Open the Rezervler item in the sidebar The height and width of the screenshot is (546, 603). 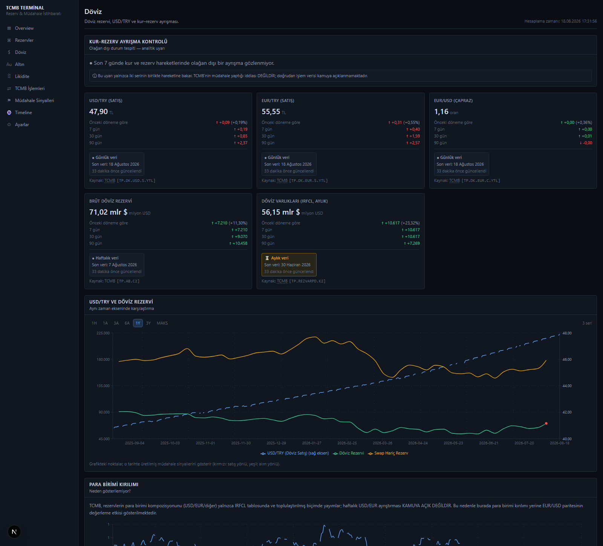(24, 40)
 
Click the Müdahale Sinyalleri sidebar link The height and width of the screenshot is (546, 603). (34, 101)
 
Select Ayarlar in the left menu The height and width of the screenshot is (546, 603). (22, 125)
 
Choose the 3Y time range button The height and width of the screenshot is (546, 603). (148, 323)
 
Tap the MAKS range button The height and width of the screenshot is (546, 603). (162, 323)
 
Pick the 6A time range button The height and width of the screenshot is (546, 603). (127, 323)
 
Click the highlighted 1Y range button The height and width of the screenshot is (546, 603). (138, 323)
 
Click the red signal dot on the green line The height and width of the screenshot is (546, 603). (546, 424)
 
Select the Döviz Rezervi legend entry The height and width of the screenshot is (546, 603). (349, 453)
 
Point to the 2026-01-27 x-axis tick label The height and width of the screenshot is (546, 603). (312, 443)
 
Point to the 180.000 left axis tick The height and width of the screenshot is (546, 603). (103, 360)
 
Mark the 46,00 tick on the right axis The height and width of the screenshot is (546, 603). (567, 360)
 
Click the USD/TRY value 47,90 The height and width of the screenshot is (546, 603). (98, 112)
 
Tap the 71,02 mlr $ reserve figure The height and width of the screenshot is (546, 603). (108, 212)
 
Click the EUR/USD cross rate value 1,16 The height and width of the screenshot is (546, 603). (441, 112)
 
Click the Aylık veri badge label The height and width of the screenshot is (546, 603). (280, 258)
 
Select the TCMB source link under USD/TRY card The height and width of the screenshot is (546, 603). (110, 181)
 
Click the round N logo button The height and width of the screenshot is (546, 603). (14, 532)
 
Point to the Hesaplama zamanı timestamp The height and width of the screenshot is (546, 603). (560, 21)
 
